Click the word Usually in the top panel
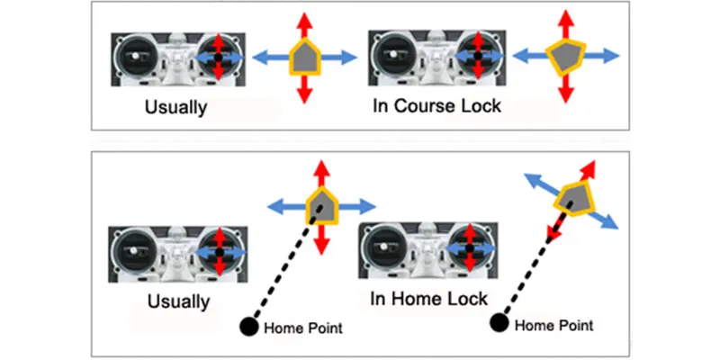tap(175, 107)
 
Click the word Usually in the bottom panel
tap(178, 301)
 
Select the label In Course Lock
tap(436, 106)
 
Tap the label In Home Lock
tap(429, 299)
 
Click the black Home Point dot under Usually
tap(249, 327)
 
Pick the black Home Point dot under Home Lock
tap(499, 322)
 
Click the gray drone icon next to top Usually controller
tap(305, 57)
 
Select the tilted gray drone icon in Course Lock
tap(566, 56)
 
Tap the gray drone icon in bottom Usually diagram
tap(322, 205)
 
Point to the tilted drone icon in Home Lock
tap(575, 199)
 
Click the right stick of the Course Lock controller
tap(478, 56)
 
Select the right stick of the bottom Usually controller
tap(220, 252)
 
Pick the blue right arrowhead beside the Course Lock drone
tap(611, 56)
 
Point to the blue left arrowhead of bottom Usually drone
tap(276, 207)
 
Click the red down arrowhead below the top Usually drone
tap(304, 96)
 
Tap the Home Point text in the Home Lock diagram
tap(554, 326)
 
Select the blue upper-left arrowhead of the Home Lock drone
tap(534, 179)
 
